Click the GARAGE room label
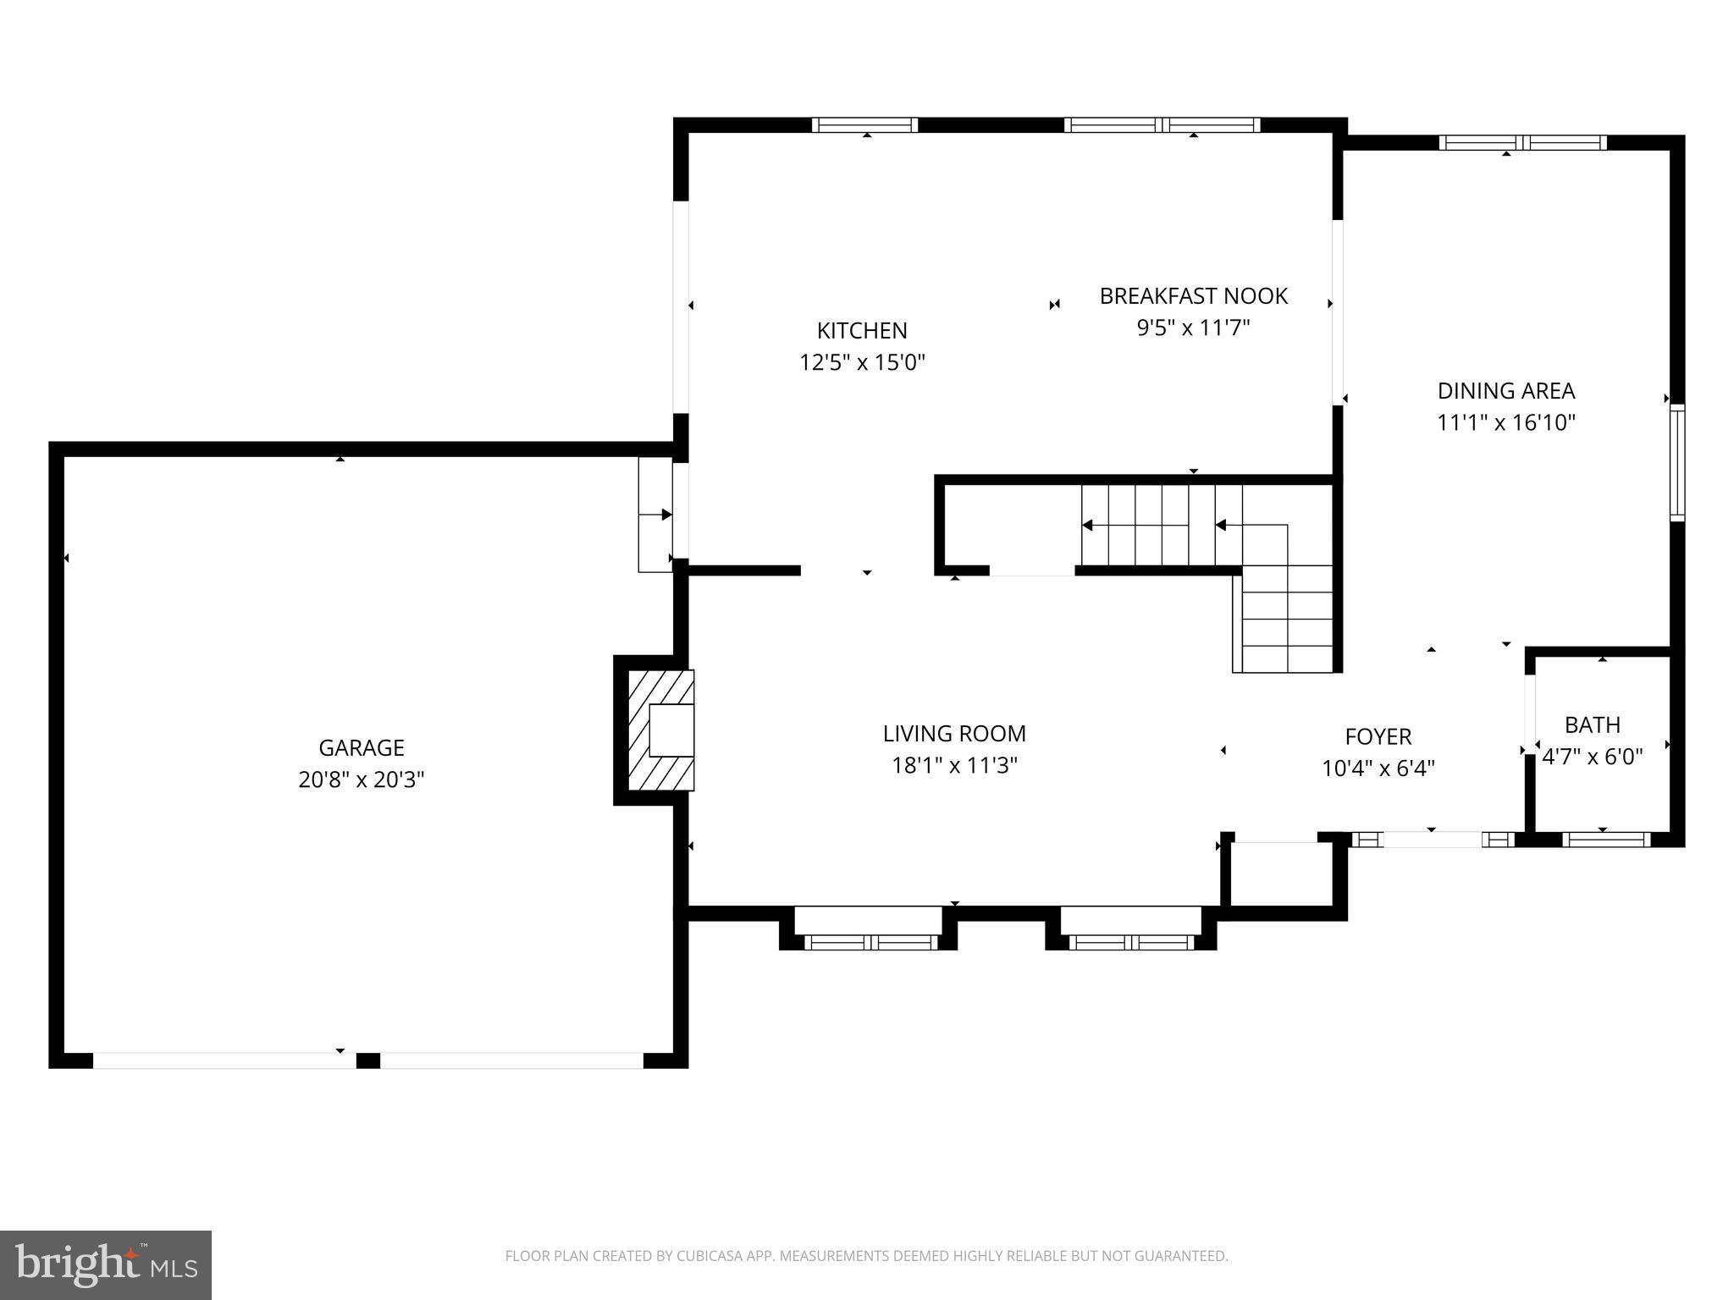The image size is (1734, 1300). (x=362, y=747)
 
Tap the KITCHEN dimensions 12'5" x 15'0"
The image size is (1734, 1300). (x=862, y=362)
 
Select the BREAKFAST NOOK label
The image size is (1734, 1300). (x=1193, y=296)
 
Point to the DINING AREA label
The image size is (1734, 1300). (x=1505, y=391)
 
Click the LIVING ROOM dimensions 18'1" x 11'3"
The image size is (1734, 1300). (x=954, y=765)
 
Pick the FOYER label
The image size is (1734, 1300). (x=1378, y=736)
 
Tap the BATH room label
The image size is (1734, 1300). (x=1592, y=725)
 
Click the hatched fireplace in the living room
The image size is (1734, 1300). (x=661, y=730)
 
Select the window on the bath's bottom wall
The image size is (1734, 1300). (x=1605, y=840)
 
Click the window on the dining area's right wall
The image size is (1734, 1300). (x=1676, y=462)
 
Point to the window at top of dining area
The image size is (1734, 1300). (x=1522, y=143)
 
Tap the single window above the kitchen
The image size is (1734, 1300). (x=864, y=125)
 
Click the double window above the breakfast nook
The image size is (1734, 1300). (x=1162, y=125)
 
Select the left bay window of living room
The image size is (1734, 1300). (x=870, y=942)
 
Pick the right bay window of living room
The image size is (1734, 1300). (x=1131, y=942)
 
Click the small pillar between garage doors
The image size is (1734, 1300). (x=367, y=1060)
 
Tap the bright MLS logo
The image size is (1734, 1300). (x=106, y=1265)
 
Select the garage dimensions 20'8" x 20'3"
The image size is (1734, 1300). (x=362, y=779)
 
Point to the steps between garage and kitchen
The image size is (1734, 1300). (x=654, y=515)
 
